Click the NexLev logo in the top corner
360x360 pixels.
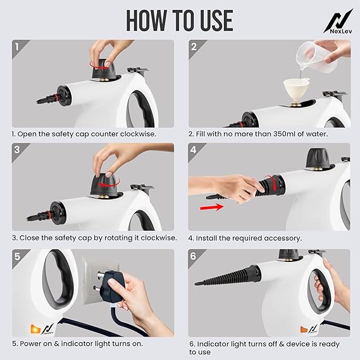coord(338,22)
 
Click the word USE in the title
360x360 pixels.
coord(211,21)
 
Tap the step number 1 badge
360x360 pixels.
coord(16,47)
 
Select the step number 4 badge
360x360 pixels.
coord(194,150)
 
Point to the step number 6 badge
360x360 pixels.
coord(193,256)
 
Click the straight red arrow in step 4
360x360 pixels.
coord(212,208)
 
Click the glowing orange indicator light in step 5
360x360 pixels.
coord(35,329)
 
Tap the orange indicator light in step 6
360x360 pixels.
coord(304,330)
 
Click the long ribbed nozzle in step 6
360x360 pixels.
coord(227,275)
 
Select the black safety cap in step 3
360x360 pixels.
coord(104,185)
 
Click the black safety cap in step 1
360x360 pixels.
coord(103,70)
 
